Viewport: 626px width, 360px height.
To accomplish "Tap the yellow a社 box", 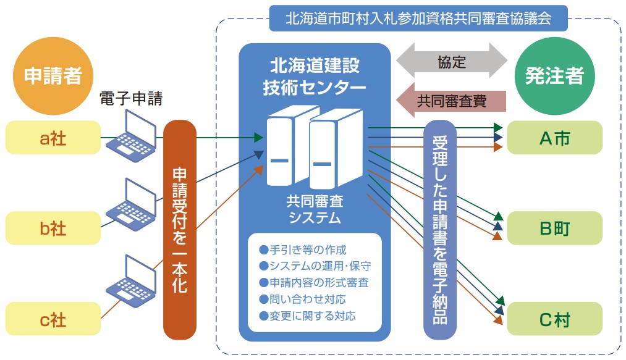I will [53, 138].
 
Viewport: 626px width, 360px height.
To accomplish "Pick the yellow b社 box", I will [53, 228].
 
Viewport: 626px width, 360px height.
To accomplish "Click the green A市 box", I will [554, 138].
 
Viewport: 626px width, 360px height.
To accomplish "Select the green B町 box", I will [554, 228].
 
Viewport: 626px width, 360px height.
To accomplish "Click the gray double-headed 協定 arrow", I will [451, 62].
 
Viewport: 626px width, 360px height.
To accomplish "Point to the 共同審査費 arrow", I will [451, 99].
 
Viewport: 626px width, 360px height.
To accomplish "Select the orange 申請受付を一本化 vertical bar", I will [180, 228].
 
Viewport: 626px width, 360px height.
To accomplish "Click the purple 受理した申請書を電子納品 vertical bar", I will [439, 228].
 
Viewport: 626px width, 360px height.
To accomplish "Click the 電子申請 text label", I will [131, 100].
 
